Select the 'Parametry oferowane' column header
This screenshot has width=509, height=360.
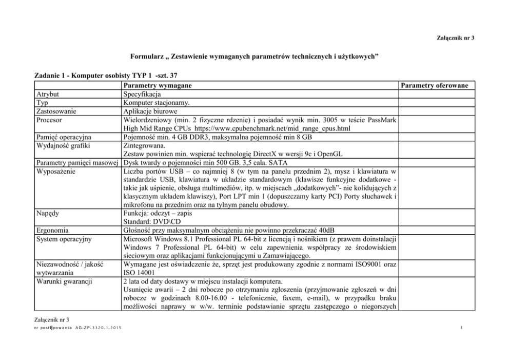point(435,85)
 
